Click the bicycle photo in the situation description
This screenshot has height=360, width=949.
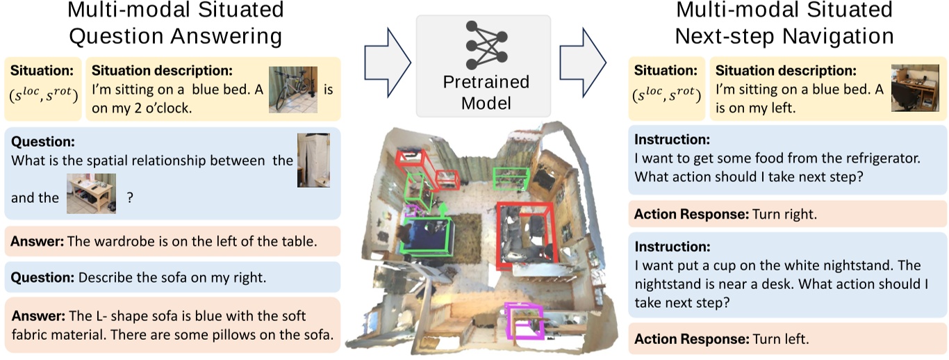tap(293, 90)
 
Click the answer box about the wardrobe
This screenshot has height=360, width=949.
tap(172, 241)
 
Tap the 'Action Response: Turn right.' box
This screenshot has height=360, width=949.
tap(787, 214)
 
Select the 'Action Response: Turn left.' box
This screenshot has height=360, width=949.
tap(787, 339)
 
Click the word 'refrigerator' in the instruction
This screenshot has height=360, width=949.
tap(882, 158)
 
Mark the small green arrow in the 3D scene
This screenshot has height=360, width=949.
tap(442, 206)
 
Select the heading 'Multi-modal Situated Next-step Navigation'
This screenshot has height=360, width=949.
tap(785, 22)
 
